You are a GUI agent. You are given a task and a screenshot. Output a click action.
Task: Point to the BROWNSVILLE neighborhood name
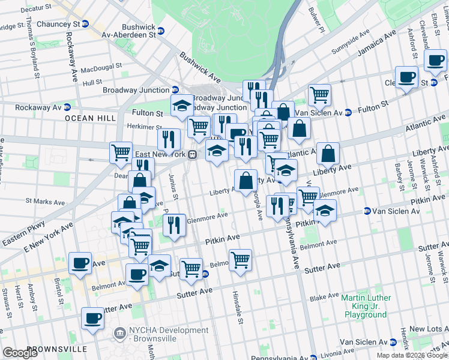(57, 349)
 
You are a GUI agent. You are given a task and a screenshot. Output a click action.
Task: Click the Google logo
(20, 353)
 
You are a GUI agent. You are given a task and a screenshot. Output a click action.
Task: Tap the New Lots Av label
(429, 329)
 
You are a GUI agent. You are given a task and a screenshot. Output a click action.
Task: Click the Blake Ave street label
(325, 297)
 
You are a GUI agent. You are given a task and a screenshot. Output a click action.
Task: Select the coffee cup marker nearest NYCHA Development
(92, 319)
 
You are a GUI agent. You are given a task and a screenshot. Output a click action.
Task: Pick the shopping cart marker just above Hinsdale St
(240, 260)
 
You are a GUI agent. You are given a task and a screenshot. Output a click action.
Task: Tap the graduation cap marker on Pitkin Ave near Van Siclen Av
(325, 211)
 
